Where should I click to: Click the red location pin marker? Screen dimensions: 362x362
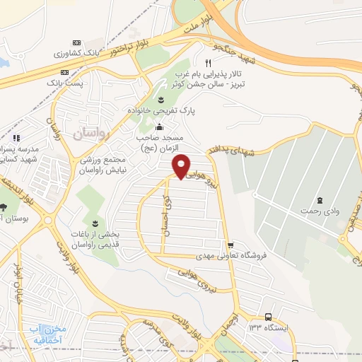pos(182,166)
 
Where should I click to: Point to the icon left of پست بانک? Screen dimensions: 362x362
pos(65,72)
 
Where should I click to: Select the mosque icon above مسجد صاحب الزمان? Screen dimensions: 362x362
pos(160,128)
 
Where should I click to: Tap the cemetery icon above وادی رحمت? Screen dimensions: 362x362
pos(320,199)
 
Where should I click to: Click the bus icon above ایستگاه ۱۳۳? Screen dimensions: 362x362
pos(268,317)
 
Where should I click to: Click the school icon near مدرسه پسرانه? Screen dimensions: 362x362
pos(16,138)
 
